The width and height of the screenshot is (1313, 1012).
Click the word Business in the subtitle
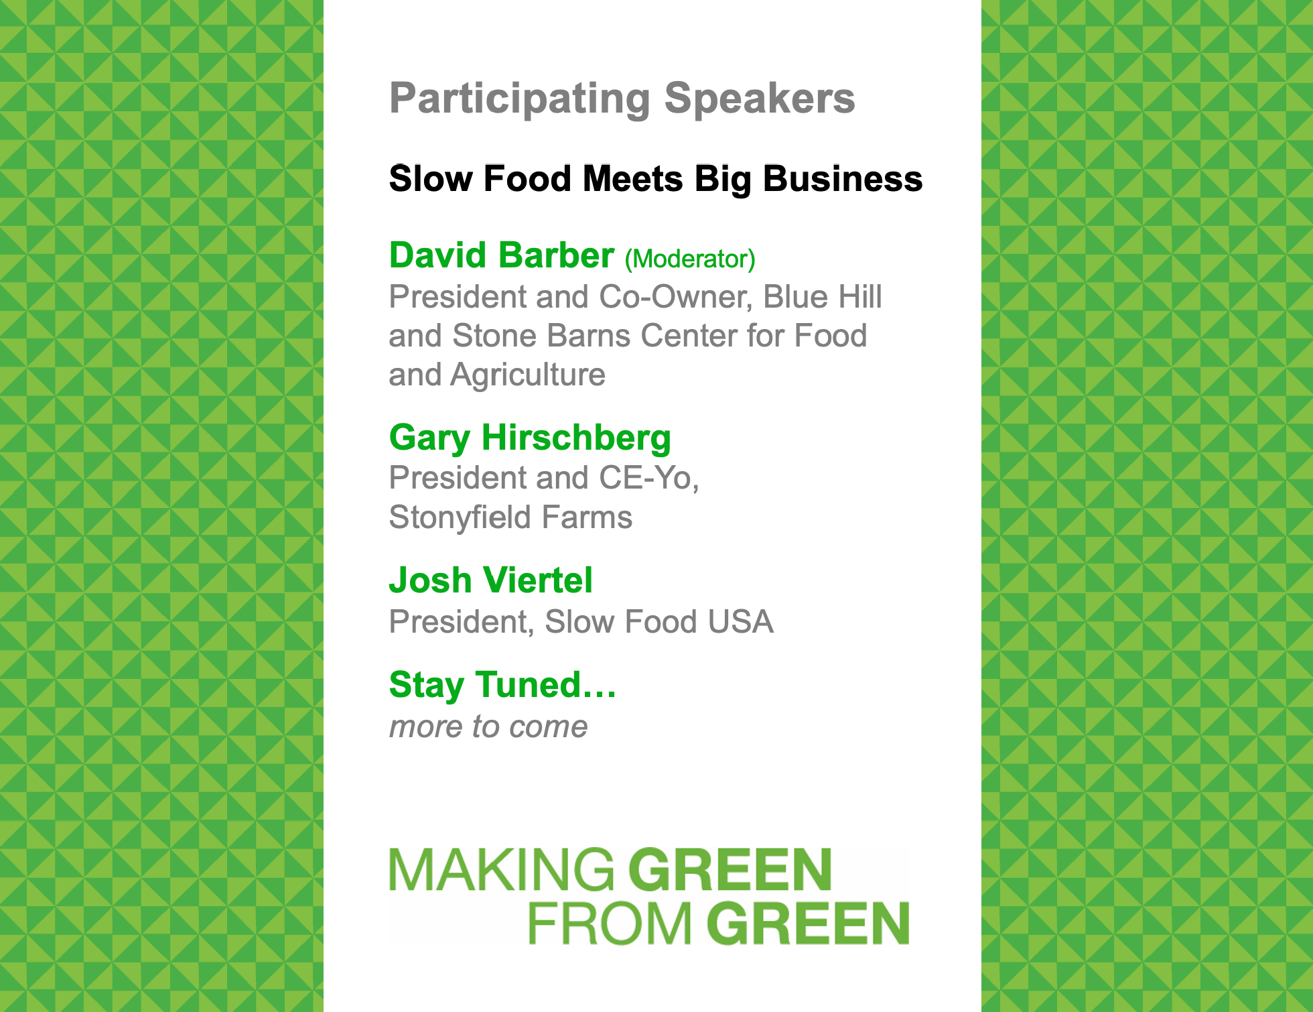pyautogui.click(x=843, y=179)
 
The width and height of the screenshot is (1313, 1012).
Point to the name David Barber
pyautogui.click(x=502, y=255)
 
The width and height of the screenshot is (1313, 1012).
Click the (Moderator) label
pyautogui.click(x=690, y=259)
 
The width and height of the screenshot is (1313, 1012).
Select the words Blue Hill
pyautogui.click(x=823, y=296)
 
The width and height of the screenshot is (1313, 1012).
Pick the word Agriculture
pyautogui.click(x=528, y=375)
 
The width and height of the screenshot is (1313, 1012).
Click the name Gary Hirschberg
pyautogui.click(x=530, y=438)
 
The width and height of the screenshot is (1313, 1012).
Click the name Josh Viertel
pyautogui.click(x=491, y=580)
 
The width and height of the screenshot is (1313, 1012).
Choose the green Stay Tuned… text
pyautogui.click(x=502, y=686)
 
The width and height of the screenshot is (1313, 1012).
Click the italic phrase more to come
pyautogui.click(x=488, y=726)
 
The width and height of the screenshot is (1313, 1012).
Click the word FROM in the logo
pyautogui.click(x=610, y=924)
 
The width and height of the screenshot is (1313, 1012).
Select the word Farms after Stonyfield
pyautogui.click(x=587, y=517)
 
